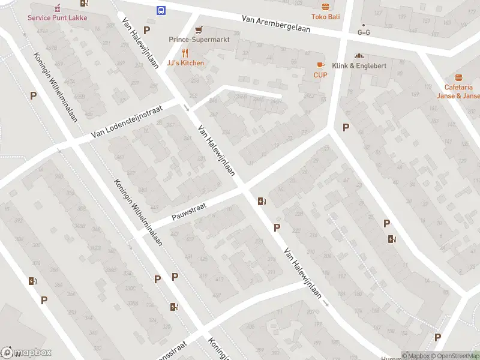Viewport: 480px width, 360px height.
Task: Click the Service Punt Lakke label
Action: [x=57, y=17]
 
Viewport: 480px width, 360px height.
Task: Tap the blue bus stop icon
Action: [x=161, y=10]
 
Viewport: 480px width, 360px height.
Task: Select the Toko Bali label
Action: [x=325, y=17]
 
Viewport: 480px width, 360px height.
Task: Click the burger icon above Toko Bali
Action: [x=325, y=7]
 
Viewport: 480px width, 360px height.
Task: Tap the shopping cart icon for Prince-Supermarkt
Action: [x=198, y=29]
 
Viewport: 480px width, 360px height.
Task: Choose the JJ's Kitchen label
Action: [x=185, y=63]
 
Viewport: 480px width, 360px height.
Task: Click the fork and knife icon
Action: [x=185, y=53]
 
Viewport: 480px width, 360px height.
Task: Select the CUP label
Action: [x=320, y=75]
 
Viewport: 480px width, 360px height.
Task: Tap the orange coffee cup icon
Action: [x=320, y=65]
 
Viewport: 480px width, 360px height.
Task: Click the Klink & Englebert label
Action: [x=361, y=65]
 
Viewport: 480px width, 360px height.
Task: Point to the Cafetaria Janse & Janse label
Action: [x=458, y=91]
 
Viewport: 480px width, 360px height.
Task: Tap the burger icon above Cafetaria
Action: [x=459, y=77]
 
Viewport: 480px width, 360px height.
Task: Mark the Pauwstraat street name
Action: [x=188, y=212]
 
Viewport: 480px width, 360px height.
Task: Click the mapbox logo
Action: [x=26, y=353]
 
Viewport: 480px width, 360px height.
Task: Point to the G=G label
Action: [x=364, y=32]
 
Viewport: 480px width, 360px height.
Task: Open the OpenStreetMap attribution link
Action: [x=457, y=356]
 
